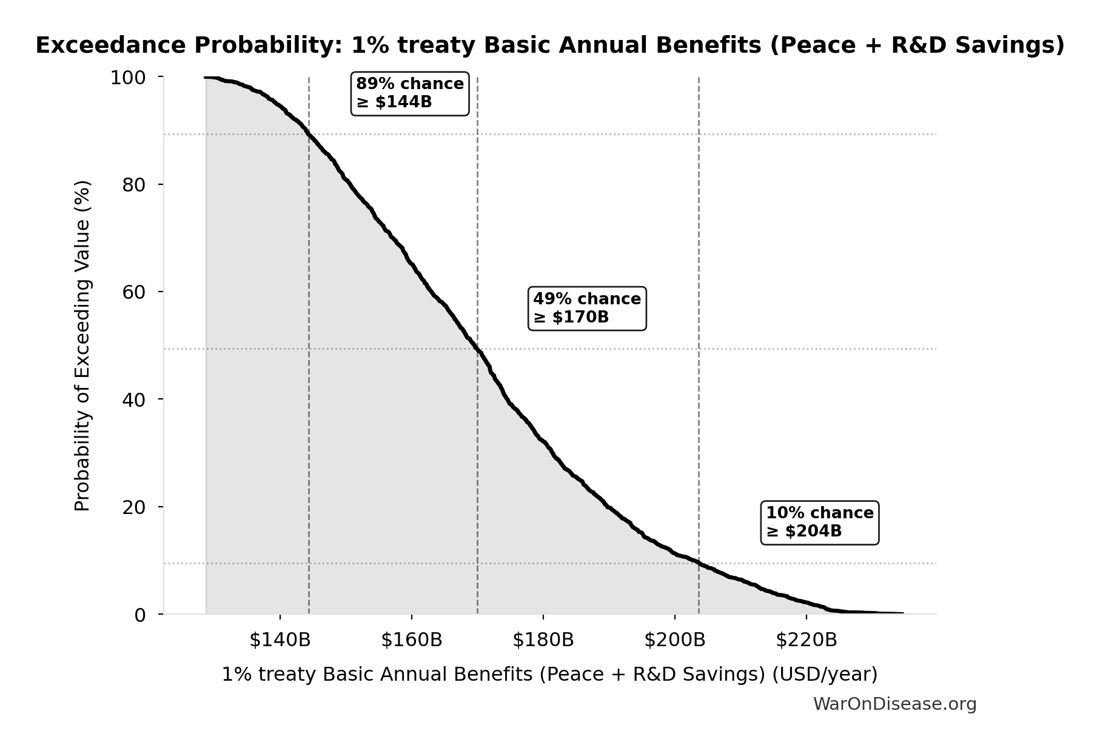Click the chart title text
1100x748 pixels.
550,45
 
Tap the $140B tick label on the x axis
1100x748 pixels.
280,640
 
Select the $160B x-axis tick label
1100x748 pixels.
412,640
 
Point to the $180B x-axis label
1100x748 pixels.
543,640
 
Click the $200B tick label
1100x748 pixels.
675,640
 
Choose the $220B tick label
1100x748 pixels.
807,640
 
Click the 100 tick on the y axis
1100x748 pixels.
127,78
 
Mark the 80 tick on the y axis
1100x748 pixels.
134,185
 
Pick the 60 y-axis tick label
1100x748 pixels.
134,292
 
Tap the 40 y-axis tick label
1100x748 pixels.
134,399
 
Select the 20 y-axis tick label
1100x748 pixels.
134,507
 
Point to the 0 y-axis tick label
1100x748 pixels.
140,615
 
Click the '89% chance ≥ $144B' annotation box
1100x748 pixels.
410,93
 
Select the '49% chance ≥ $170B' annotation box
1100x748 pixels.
587,308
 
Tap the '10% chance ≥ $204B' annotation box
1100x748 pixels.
819,522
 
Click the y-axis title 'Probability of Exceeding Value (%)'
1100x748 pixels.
82,346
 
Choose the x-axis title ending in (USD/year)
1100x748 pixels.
549,674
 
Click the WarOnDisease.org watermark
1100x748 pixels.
894,704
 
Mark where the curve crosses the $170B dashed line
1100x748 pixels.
478,349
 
